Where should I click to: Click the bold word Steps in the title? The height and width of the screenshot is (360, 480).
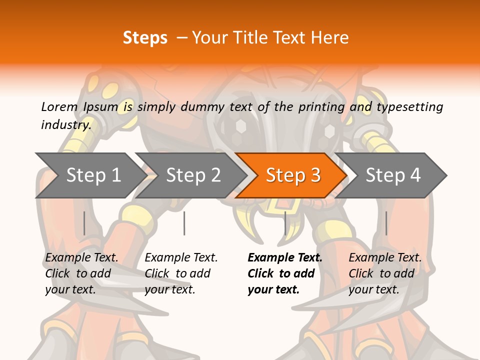pos(145,37)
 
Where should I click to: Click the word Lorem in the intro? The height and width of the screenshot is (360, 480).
pos(59,106)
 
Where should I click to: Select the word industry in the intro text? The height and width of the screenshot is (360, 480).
pos(66,125)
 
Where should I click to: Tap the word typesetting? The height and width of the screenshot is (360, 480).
pos(409,106)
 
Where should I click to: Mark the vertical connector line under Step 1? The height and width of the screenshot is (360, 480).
pos(84,223)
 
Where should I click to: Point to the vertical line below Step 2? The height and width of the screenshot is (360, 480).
pos(184,223)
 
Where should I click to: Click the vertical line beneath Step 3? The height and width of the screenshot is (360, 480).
pos(285,223)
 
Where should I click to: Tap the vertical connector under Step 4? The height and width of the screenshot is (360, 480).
pos(386,223)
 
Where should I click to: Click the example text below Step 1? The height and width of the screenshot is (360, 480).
pos(81,273)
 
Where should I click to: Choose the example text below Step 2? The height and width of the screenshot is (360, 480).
pos(181,273)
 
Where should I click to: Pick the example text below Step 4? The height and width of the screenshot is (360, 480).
pos(385,273)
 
